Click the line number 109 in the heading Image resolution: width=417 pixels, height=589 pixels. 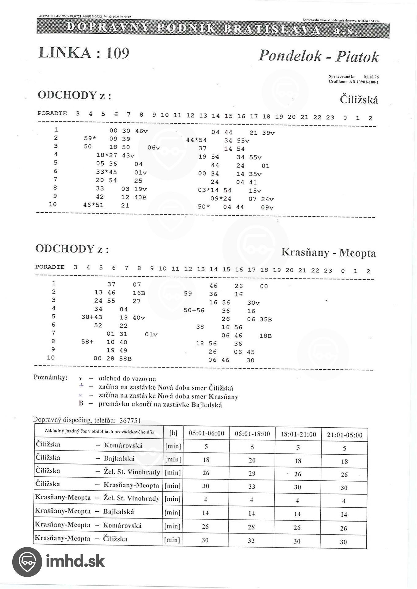click(118, 53)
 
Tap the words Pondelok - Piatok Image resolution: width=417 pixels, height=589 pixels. click(318, 56)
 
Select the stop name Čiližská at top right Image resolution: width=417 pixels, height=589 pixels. click(359, 100)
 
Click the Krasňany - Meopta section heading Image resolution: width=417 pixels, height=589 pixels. click(328, 252)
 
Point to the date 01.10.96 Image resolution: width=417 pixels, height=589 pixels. click(371, 77)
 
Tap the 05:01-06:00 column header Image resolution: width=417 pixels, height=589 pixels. click(206, 433)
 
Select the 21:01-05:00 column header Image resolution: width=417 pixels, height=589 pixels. click(345, 435)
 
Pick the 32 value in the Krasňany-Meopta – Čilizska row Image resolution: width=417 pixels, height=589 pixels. click(251, 541)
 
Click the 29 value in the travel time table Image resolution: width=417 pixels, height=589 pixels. click(252, 473)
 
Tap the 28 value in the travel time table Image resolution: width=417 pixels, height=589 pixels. click(251, 527)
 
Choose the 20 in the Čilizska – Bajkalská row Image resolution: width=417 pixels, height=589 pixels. click(252, 460)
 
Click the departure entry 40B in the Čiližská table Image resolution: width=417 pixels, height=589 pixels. click(140, 197)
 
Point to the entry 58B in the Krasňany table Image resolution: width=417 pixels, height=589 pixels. click(125, 358)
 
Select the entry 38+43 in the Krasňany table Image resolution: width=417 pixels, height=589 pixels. click(92, 317)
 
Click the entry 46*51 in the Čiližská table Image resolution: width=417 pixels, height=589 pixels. click(93, 205)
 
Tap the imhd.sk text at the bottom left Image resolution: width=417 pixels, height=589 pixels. click(75, 561)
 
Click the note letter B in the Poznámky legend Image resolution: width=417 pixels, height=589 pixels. click(81, 403)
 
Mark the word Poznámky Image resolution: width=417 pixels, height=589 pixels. click(50, 377)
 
